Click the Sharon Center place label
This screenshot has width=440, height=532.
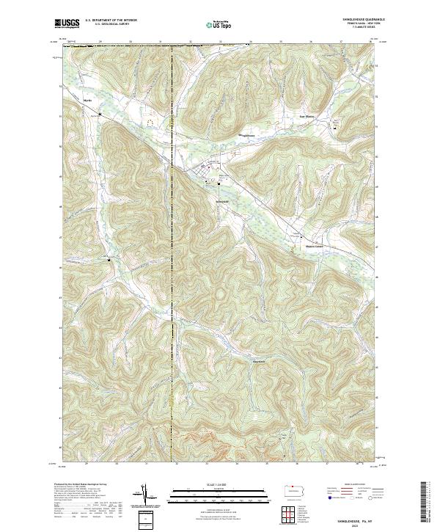315,246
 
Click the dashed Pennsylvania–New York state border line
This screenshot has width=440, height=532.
172,294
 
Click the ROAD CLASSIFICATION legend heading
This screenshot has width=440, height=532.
343,484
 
